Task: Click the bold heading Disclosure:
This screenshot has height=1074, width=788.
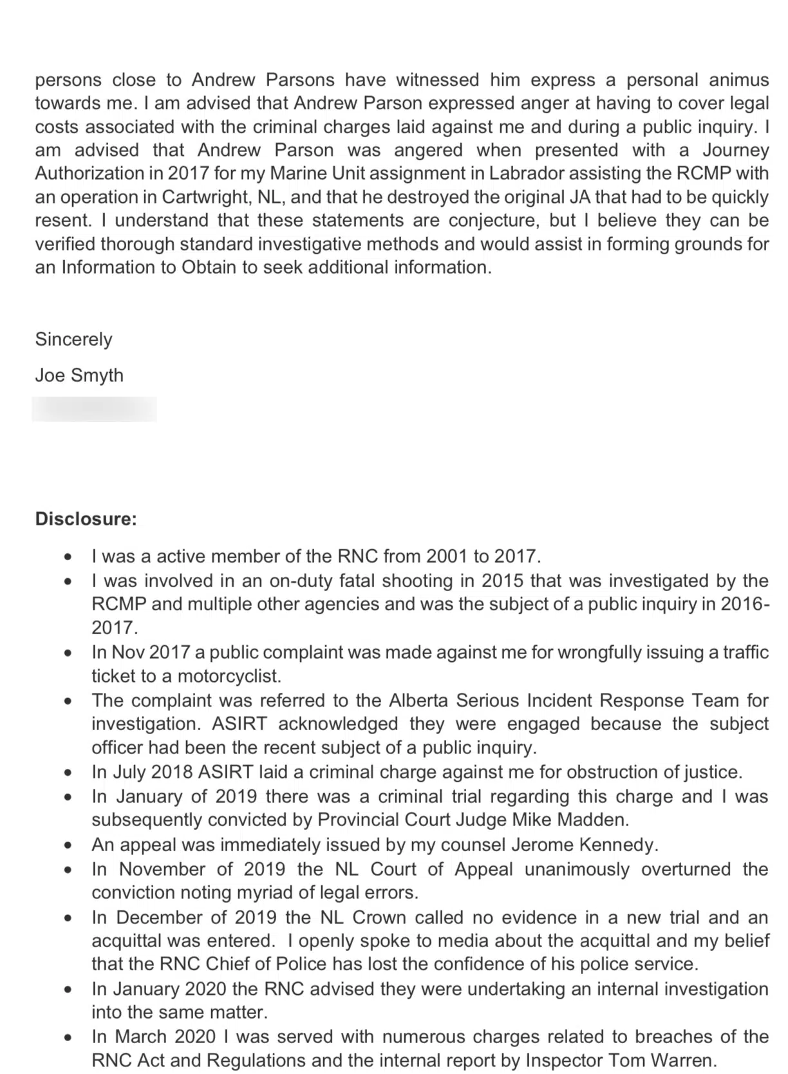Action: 86,519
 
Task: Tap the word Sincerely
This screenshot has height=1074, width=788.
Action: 73,339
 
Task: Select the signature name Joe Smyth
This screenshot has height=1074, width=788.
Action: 79,375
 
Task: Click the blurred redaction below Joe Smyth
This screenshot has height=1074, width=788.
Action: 94,410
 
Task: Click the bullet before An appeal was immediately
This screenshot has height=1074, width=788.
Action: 68,845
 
